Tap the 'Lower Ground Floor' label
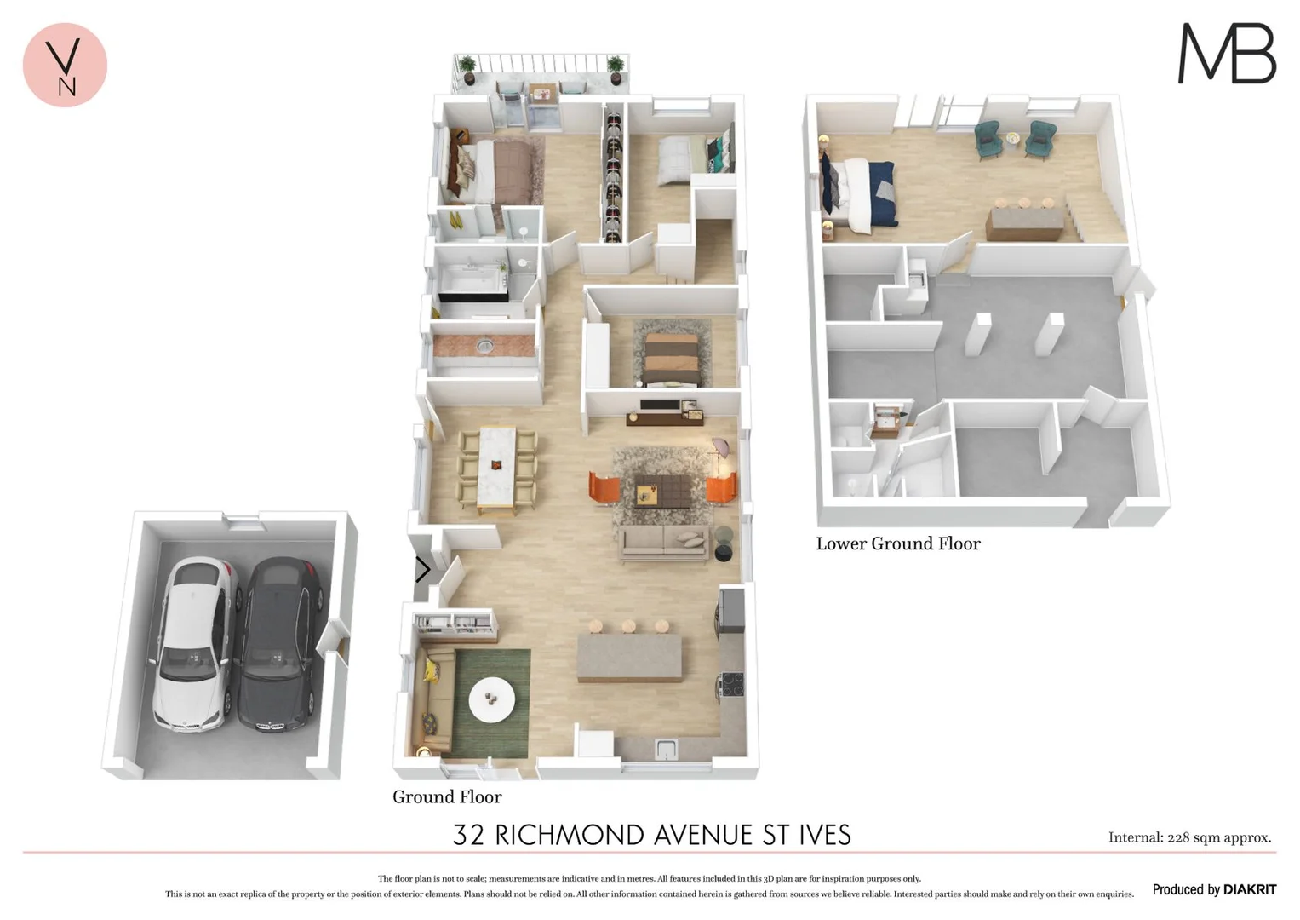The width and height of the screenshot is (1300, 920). [898, 543]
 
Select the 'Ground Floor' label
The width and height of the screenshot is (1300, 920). [447, 797]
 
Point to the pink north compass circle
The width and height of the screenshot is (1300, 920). [65, 65]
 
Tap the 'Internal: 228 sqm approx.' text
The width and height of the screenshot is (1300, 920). [1189, 837]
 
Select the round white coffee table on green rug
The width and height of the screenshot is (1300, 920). [491, 699]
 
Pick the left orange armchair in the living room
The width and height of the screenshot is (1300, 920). [604, 489]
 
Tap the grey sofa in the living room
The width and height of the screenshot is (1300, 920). [665, 542]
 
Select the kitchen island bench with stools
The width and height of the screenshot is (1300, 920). [629, 657]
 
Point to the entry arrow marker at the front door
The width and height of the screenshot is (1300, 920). [422, 569]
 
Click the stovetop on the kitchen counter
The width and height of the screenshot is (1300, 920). [732, 684]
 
